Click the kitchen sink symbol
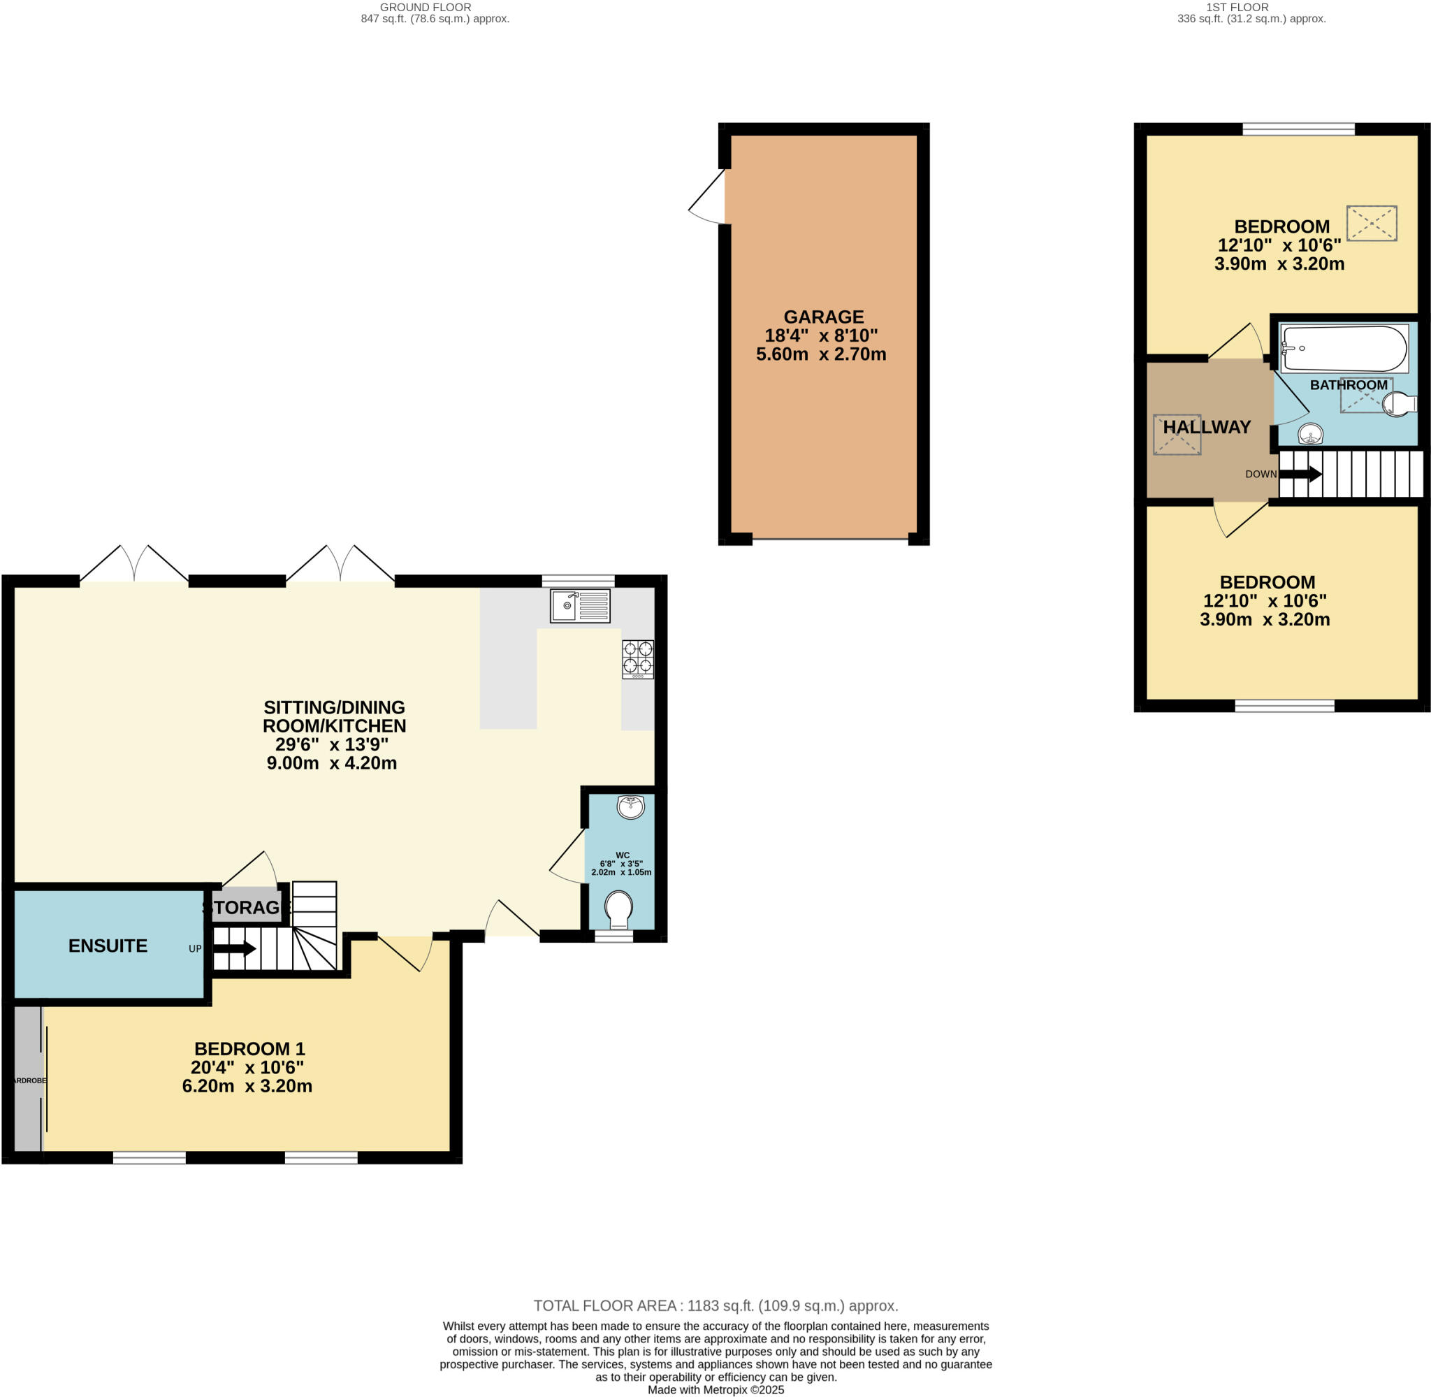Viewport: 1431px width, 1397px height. click(x=579, y=606)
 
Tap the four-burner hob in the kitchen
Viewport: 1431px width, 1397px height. click(x=637, y=659)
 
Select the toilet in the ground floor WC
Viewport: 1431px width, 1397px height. click(x=619, y=910)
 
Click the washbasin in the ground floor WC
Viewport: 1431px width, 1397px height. click(x=630, y=806)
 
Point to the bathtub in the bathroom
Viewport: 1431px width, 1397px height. click(x=1343, y=349)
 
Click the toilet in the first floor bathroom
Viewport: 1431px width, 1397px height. click(x=1398, y=404)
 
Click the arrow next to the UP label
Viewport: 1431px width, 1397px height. click(x=234, y=949)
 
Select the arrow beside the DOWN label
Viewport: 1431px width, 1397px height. click(x=1300, y=474)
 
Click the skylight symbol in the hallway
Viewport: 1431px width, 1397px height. click(x=1177, y=435)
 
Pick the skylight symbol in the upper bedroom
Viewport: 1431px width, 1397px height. click(x=1371, y=223)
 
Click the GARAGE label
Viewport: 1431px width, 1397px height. click(x=823, y=317)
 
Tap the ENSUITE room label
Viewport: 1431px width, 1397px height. click(x=108, y=946)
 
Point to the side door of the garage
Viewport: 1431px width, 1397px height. click(x=706, y=196)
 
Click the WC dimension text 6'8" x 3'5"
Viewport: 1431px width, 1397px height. click(x=620, y=864)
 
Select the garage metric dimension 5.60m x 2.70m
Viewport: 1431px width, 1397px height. click(x=821, y=354)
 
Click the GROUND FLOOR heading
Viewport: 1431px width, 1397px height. click(x=426, y=7)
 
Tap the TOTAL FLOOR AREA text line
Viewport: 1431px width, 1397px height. click(x=715, y=1305)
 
